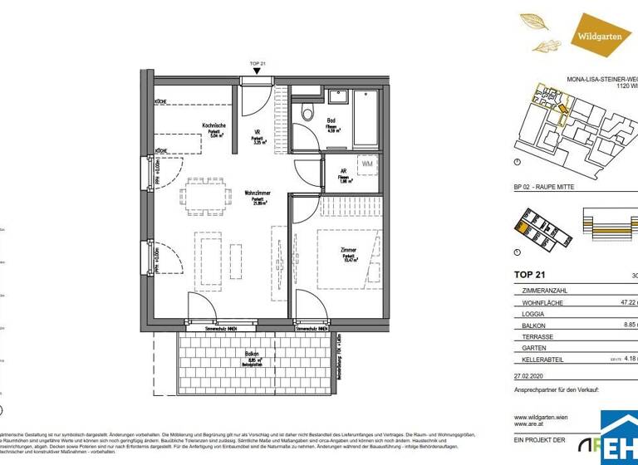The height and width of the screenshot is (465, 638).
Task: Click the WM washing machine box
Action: click(x=367, y=164)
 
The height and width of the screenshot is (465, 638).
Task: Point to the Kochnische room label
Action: click(x=213, y=126)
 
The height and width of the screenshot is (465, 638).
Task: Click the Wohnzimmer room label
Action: click(x=254, y=193)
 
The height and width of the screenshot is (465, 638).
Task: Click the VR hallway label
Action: click(x=258, y=132)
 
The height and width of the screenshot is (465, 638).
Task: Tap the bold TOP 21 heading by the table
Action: click(x=532, y=275)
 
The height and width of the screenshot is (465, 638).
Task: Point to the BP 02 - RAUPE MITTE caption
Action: click(x=544, y=187)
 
